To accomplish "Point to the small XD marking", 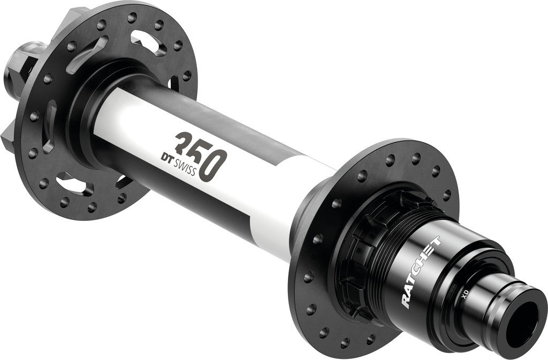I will (x=465, y=292).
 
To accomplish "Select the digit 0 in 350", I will (x=217, y=165).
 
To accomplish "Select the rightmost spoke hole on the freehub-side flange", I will (x=448, y=194).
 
